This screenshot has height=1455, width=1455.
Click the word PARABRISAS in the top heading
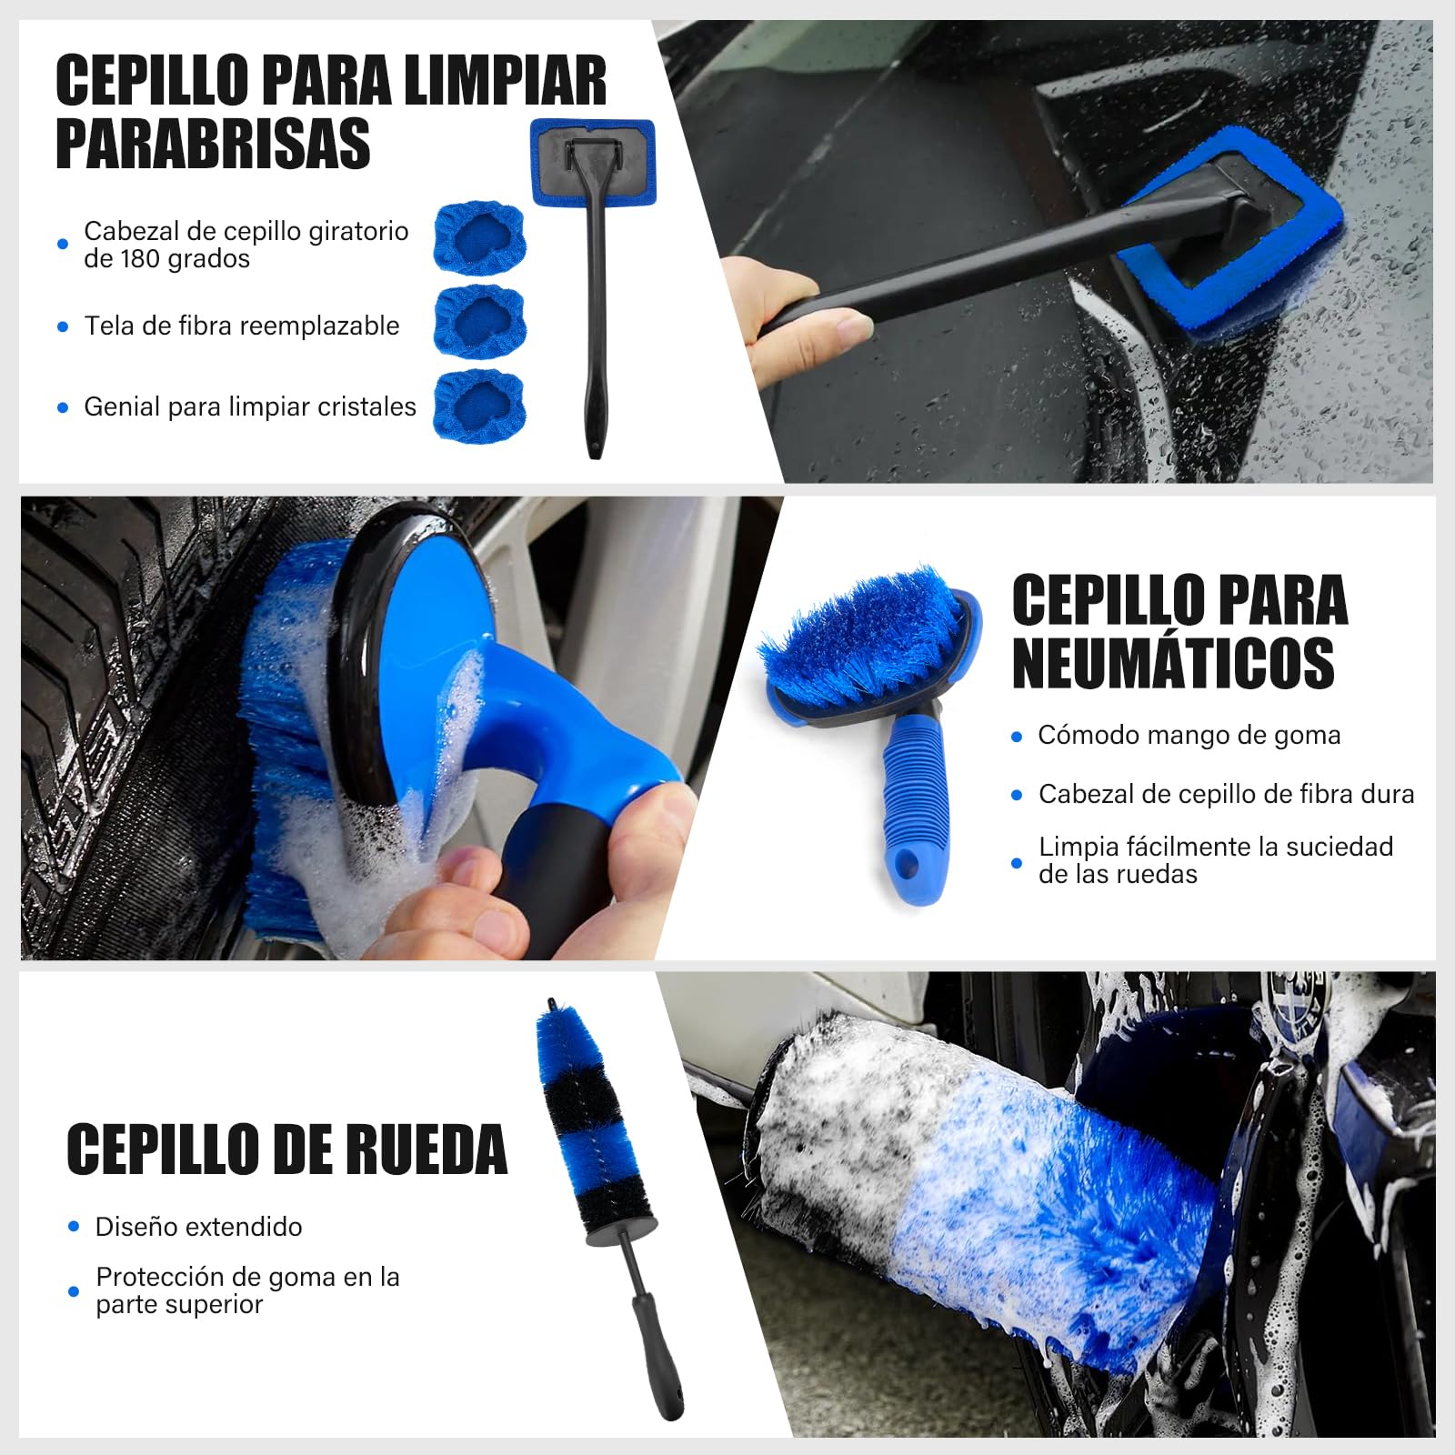(213, 144)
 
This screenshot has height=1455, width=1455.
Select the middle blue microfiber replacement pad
(479, 322)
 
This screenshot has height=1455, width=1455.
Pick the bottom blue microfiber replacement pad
(479, 405)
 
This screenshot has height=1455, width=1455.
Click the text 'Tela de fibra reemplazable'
(242, 326)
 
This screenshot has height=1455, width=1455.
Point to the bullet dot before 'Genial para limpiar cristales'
(63, 407)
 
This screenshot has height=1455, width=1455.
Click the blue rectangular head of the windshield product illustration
(593, 162)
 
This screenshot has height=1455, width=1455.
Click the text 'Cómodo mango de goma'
(1189, 735)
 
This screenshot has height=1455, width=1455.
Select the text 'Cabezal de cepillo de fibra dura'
(1227, 794)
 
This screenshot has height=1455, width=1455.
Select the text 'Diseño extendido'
(198, 1227)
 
